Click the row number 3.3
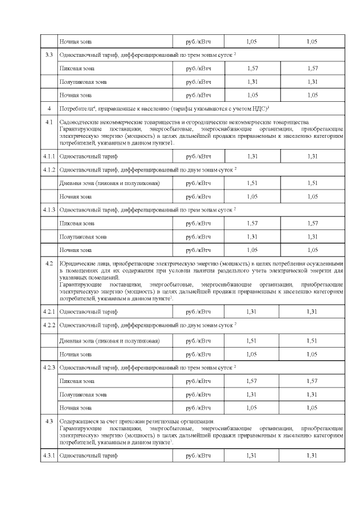pos(49,55)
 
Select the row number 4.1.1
pos(49,156)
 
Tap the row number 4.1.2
pos(49,169)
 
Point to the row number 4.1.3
pos(49,210)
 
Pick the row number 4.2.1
pos(49,311)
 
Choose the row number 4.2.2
pos(49,325)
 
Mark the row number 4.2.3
pos(49,367)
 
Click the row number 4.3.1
pos(49,455)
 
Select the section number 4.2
pos(49,263)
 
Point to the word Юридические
pos(78,263)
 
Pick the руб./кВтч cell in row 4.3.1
pos(198,455)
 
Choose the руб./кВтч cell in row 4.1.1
pos(198,156)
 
